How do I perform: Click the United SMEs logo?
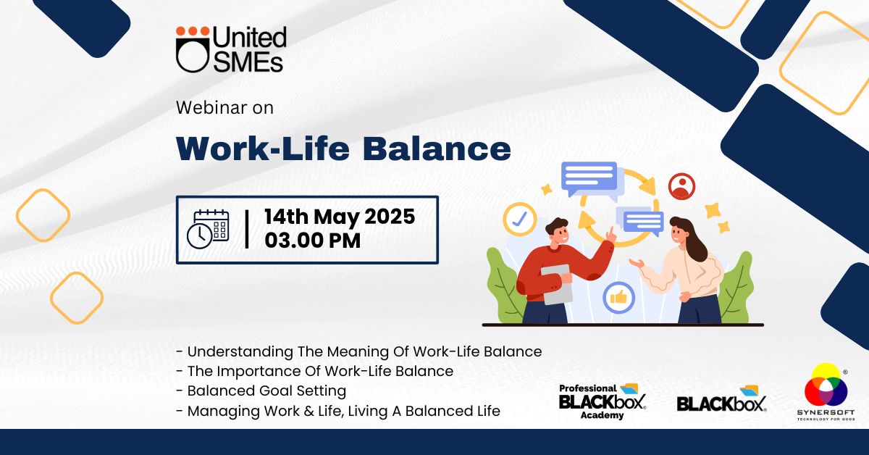click(231, 49)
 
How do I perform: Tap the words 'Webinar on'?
click(225, 107)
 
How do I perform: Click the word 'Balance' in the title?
click(437, 149)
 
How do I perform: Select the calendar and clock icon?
click(208, 230)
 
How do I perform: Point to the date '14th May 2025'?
click(340, 217)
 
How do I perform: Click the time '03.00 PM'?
click(313, 241)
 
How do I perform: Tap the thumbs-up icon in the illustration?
click(618, 298)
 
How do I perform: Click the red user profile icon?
click(681, 187)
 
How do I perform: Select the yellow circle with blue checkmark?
click(520, 219)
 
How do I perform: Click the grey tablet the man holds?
click(557, 285)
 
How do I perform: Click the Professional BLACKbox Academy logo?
click(603, 401)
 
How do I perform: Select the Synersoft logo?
click(826, 392)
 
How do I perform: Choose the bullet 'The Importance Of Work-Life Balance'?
click(314, 371)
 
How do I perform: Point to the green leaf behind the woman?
click(734, 288)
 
